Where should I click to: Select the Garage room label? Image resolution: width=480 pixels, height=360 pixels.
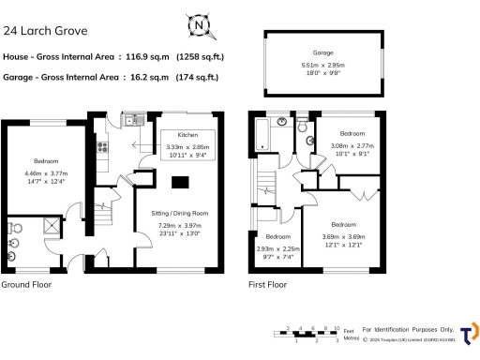pyautogui.click(x=322, y=53)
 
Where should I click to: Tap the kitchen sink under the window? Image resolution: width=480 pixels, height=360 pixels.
pyautogui.click(x=132, y=119)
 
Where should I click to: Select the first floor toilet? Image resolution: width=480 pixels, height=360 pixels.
pyautogui.click(x=303, y=127)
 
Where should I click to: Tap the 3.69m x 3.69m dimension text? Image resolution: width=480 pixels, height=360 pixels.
pyautogui.click(x=343, y=237)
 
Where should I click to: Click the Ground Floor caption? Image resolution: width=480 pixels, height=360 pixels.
pyautogui.click(x=26, y=284)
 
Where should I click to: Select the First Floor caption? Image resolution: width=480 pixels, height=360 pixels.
pyautogui.click(x=268, y=284)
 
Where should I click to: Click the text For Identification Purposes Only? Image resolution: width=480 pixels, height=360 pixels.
pyautogui.click(x=407, y=329)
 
